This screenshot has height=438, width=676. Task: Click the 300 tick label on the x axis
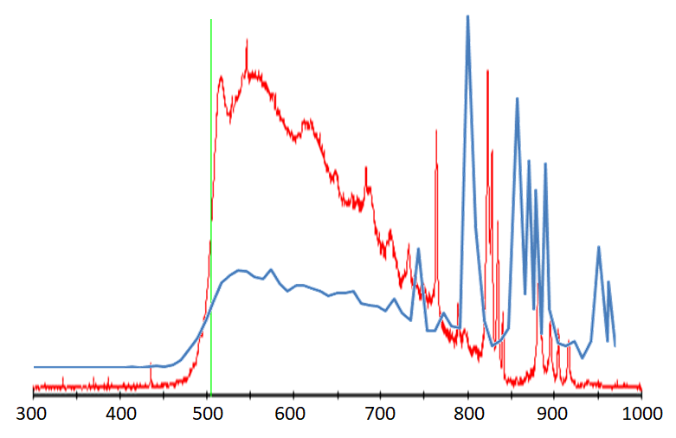(33, 414)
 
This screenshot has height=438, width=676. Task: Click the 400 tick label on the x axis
(120, 414)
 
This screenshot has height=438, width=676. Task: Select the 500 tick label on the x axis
(207, 414)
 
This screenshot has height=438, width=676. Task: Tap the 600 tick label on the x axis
(294, 414)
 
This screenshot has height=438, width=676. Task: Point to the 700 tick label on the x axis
(381, 414)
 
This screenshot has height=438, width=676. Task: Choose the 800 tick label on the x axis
(468, 414)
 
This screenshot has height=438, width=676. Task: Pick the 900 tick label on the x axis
(555, 414)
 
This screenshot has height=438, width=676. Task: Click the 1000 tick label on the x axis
(641, 414)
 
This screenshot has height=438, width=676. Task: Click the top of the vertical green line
(211, 20)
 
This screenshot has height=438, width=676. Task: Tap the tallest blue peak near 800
(468, 16)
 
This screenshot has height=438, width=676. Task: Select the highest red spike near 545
(247, 39)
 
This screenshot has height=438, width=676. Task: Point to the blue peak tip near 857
(518, 99)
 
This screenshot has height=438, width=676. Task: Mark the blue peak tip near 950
(598, 248)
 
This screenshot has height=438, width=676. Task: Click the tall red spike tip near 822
(487, 70)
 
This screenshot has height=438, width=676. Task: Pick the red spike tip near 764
(436, 130)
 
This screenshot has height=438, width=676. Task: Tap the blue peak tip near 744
(419, 249)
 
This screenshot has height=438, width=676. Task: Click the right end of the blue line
(615, 345)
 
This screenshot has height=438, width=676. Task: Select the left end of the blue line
(35, 367)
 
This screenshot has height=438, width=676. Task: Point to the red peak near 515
(222, 76)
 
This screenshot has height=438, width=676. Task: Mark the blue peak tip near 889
(545, 164)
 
